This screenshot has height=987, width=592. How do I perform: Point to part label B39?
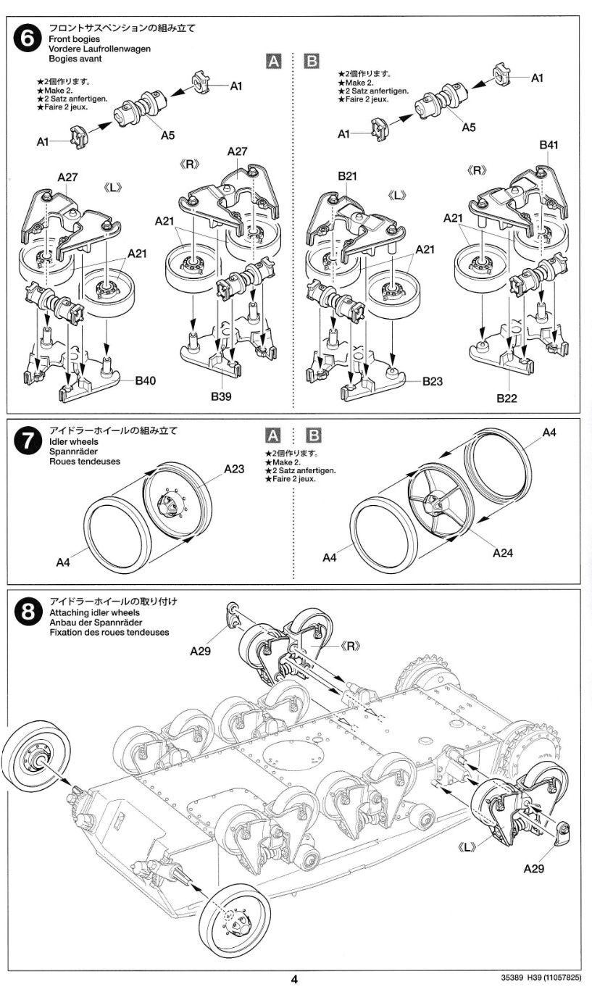pyautogui.click(x=221, y=397)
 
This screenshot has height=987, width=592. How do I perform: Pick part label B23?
pyautogui.click(x=432, y=381)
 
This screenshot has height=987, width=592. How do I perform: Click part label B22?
pyautogui.click(x=506, y=398)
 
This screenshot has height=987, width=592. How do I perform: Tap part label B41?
pyautogui.click(x=549, y=145)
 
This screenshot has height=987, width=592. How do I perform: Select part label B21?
pyautogui.click(x=346, y=176)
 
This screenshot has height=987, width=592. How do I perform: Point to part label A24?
pyautogui.click(x=502, y=553)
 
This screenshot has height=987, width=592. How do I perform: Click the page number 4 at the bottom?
pyautogui.click(x=295, y=978)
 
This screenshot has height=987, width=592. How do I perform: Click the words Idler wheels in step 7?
pyautogui.click(x=74, y=441)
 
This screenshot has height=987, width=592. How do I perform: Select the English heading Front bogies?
pyautogui.click(x=75, y=38)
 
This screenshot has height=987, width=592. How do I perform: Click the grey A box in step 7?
pyautogui.click(x=273, y=436)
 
